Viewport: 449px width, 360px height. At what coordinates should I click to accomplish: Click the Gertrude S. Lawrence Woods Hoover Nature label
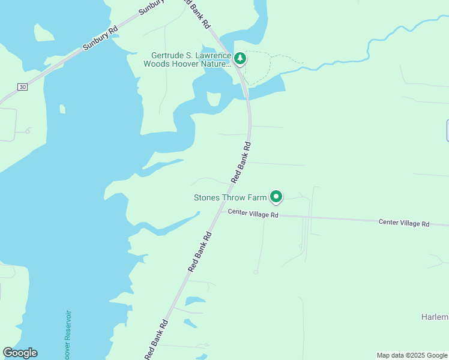[x=187, y=59]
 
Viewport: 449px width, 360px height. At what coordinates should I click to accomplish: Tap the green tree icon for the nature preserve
[x=240, y=58]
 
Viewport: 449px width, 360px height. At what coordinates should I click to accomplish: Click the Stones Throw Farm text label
[x=230, y=197]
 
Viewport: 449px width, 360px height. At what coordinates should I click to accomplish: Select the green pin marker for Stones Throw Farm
[x=276, y=196]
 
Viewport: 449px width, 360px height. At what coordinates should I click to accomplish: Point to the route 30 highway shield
[x=22, y=87]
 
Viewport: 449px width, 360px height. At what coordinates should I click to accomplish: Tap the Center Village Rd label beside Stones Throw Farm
[x=250, y=214]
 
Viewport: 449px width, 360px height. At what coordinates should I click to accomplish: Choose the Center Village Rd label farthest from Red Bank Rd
[x=404, y=223]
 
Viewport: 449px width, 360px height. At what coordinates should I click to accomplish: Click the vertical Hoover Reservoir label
[x=67, y=334]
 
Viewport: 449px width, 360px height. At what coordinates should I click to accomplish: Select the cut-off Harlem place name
[x=435, y=317]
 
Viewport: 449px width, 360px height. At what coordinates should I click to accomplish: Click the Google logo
[x=20, y=353]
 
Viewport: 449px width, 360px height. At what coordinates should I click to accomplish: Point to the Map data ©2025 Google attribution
[x=412, y=355]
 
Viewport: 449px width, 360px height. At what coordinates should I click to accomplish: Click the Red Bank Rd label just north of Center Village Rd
[x=241, y=162]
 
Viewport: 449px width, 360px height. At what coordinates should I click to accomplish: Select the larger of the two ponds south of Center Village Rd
[x=195, y=301]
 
